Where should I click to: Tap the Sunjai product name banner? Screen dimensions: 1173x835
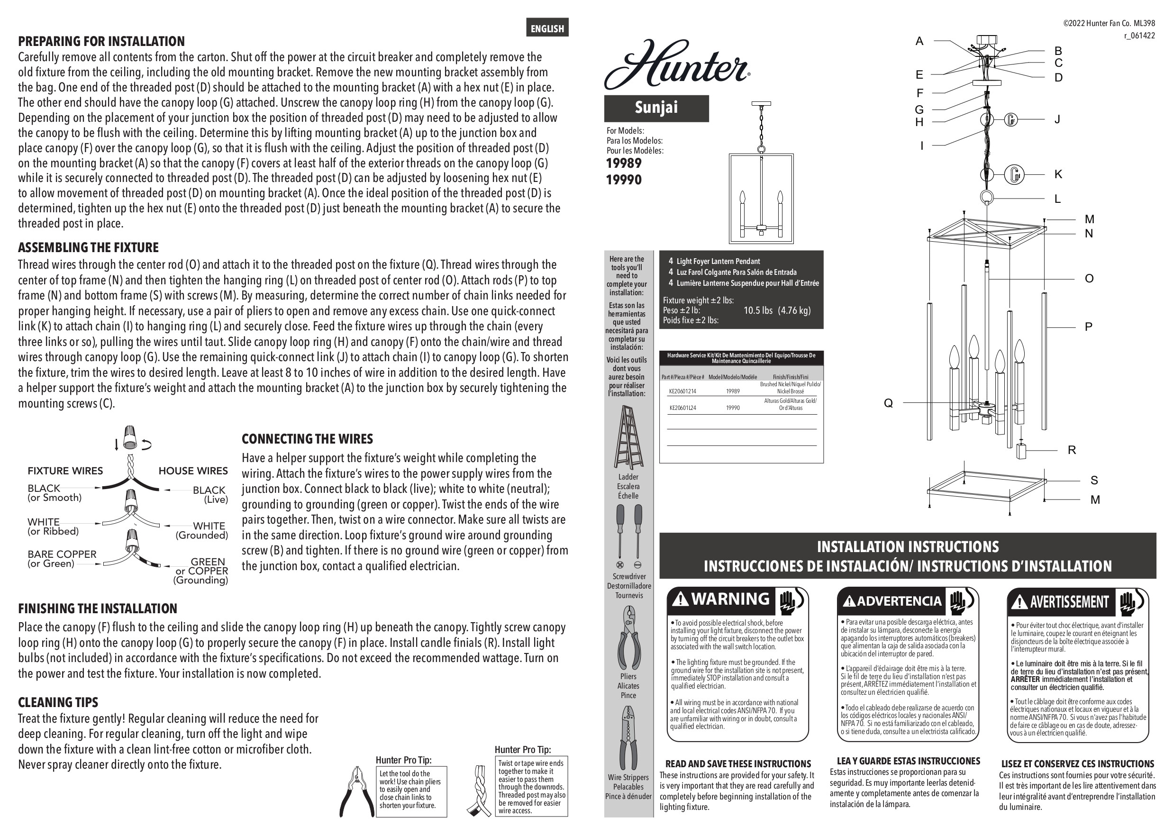point(656,108)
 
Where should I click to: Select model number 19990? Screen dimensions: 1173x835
point(624,180)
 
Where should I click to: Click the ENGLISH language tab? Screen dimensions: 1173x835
point(547,28)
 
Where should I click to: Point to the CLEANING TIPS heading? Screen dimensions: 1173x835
point(58,702)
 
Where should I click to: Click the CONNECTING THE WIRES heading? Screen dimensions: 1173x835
point(307,439)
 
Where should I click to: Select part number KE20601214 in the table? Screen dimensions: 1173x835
point(682,391)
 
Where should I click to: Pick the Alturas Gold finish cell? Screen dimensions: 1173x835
point(790,405)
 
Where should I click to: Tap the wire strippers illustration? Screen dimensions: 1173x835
point(628,738)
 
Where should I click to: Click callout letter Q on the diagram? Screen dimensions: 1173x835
point(888,403)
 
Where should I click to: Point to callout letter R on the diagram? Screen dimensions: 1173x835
point(1072,450)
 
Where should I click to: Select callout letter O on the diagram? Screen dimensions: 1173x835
point(1089,279)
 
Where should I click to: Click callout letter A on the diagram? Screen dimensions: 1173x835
point(919,41)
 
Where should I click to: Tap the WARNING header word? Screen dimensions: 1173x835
point(730,599)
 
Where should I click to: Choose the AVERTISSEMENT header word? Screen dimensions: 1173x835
point(1069,601)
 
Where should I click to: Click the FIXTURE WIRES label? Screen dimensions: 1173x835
point(65,471)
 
